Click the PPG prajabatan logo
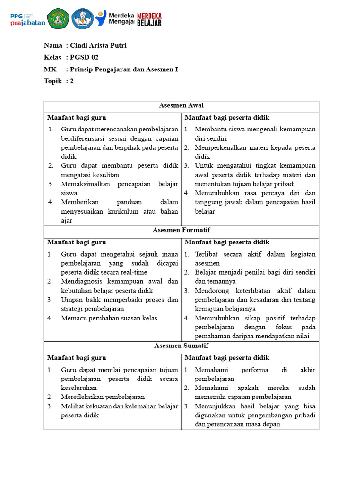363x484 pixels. [27, 18]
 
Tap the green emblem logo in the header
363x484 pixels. [59, 18]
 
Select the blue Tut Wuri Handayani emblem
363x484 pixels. [82, 18]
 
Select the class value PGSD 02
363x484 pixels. [84, 57]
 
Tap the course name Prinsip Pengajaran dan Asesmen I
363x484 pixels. [124, 69]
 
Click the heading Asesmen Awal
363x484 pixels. [181, 105]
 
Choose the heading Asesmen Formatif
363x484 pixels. [181, 230]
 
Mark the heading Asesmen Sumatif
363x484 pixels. [181, 346]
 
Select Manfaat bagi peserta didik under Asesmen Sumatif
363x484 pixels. [227, 358]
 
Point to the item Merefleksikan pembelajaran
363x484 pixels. [103, 397]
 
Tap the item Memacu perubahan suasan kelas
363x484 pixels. [109, 318]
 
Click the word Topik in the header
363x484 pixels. [52, 81]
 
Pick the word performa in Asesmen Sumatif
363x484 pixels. [255, 370]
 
